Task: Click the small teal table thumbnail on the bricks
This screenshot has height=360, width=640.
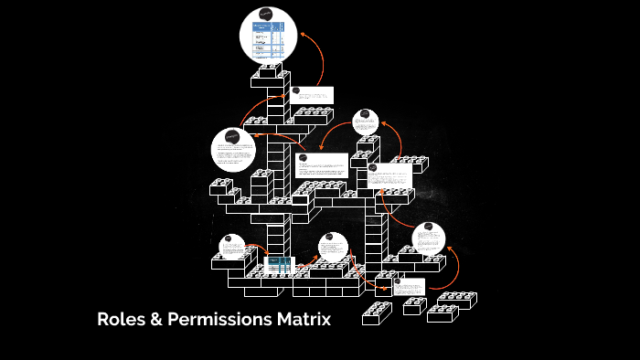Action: click(x=278, y=266)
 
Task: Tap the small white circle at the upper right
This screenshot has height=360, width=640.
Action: click(x=366, y=122)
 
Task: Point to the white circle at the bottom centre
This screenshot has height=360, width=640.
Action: click(x=333, y=248)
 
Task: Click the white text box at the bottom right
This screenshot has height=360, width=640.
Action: click(x=410, y=286)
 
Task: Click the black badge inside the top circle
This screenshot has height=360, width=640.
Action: click(x=265, y=16)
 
